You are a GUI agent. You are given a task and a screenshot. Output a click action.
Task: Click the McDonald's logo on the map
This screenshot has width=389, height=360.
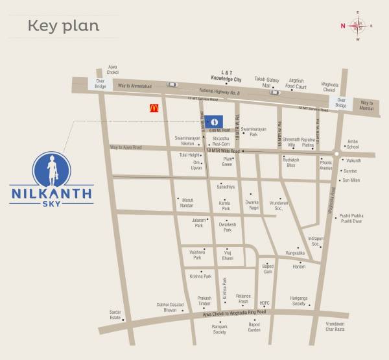[x=154, y=109]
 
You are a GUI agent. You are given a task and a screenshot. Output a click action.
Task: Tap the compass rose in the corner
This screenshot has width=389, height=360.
[x=357, y=26]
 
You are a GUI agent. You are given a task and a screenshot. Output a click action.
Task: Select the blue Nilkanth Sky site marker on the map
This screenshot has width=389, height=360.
[x=218, y=121]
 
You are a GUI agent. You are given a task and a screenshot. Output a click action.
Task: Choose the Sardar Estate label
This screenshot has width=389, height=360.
[x=115, y=315]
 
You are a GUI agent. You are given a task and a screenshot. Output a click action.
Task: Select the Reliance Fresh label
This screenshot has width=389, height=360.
[x=243, y=298]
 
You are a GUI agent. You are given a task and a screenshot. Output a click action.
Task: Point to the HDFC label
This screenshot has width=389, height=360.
[x=265, y=303]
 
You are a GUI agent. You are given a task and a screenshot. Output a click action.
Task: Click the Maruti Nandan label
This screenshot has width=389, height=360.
[x=186, y=203]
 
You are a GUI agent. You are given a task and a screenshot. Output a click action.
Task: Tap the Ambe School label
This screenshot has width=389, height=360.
[x=353, y=145]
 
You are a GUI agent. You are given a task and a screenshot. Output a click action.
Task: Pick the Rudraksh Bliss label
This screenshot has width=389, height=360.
[x=290, y=162]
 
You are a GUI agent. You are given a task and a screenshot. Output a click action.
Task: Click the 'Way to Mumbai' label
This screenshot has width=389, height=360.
[x=367, y=106]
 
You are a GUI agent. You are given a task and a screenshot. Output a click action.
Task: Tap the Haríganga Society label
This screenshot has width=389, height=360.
[x=298, y=301]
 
